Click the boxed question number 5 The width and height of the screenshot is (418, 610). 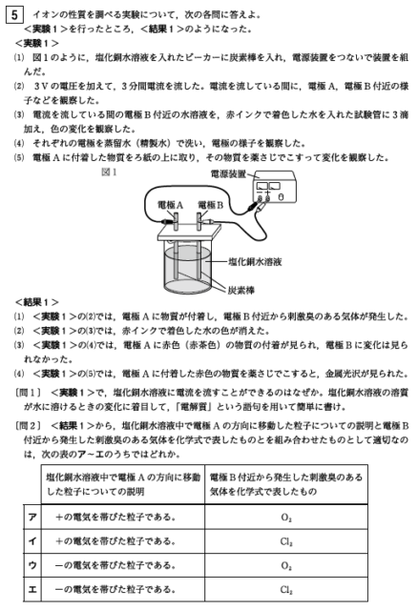pos(14,15)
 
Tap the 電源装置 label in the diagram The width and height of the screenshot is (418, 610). pos(229,173)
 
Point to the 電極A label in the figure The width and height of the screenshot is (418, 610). pos(170,205)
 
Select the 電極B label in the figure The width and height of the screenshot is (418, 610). pos(210,205)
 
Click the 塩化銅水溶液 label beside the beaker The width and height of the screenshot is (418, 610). pos(255,261)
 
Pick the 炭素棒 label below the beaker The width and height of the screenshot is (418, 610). pos(241,290)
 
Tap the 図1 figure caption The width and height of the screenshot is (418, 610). pos(109,172)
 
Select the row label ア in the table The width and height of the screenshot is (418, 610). pos(32,517)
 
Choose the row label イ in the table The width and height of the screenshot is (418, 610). pos(32,541)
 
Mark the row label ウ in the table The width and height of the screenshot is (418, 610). pos(32,565)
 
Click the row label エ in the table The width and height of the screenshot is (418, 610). pos(32,589)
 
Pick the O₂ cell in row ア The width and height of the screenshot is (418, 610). pos(286,518)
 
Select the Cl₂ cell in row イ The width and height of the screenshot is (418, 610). pos(286,541)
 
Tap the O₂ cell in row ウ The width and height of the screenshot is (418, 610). pos(286,565)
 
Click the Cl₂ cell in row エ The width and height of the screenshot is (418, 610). pos(286,590)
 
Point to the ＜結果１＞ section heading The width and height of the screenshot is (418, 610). pos(37,302)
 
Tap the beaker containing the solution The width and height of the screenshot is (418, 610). pos(187,269)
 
